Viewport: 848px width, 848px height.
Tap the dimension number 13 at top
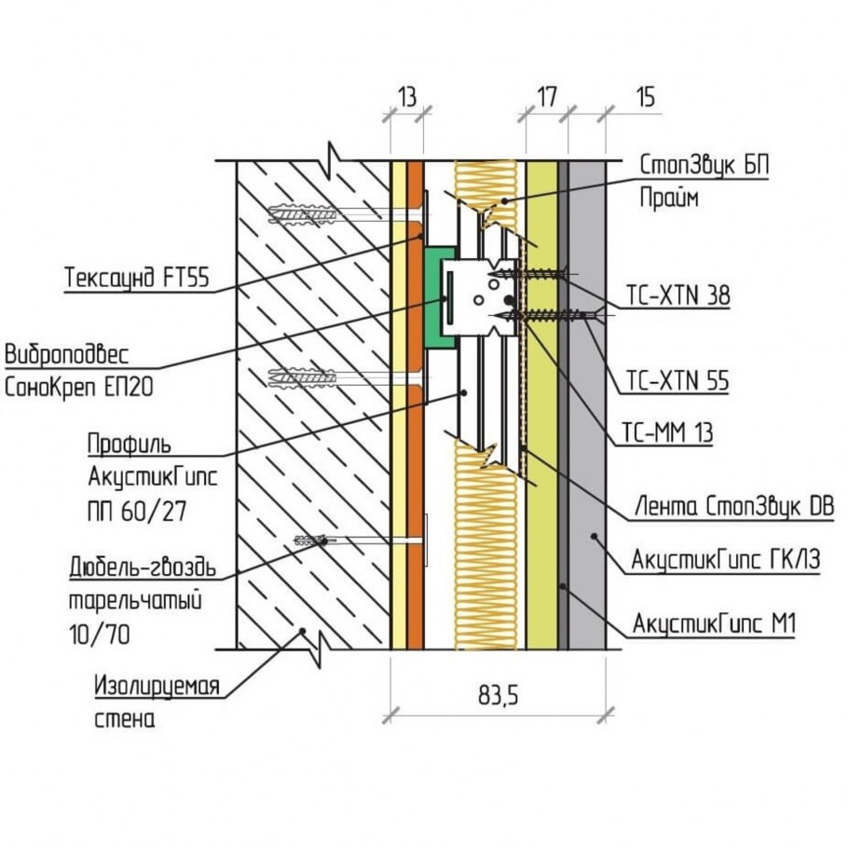click(x=406, y=95)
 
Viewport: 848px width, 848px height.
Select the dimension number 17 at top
click(x=547, y=95)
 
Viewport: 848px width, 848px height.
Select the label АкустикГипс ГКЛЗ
click(x=726, y=560)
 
